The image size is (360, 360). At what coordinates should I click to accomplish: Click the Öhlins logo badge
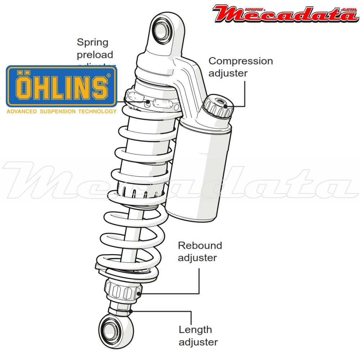pos(62,86)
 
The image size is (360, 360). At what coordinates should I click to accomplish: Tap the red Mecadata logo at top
pos(284,13)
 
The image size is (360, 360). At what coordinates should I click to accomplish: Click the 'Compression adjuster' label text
pos(240,67)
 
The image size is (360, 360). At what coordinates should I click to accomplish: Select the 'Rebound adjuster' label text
pos(200,252)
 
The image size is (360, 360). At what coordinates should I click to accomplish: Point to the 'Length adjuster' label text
pos(198,336)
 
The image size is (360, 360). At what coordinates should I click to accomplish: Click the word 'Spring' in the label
pos(93,42)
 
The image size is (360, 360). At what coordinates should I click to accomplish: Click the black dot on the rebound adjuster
pos(139,293)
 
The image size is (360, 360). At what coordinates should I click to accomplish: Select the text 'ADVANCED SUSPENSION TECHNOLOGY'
pos(62,111)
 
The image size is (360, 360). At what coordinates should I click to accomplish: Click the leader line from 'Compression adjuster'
pos(245,94)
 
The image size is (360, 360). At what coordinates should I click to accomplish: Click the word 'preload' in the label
pos(95,55)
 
